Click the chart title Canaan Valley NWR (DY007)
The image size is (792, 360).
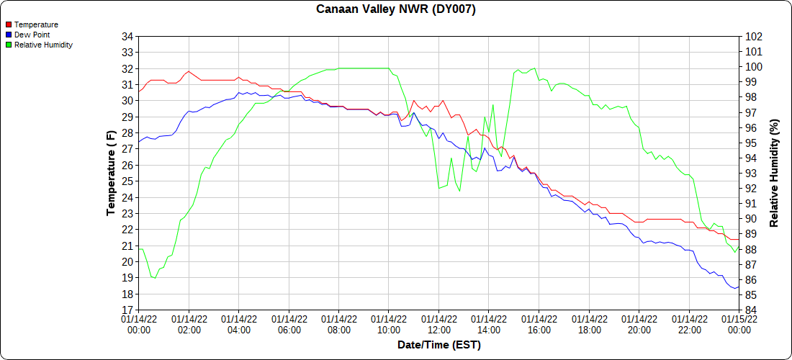click(x=396, y=9)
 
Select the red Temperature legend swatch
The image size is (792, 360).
click(x=9, y=24)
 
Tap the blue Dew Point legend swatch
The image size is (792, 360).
click(x=9, y=35)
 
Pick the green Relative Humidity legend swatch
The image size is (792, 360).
click(x=9, y=45)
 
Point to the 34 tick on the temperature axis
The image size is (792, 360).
click(x=127, y=37)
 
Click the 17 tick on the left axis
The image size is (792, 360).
click(x=127, y=310)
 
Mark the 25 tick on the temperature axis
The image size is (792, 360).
click(x=127, y=181)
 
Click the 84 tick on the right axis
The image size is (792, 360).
click(x=751, y=310)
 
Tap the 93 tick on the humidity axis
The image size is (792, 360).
click(x=751, y=174)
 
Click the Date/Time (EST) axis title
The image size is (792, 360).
click(x=438, y=345)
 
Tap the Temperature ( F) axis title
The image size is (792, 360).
click(x=111, y=174)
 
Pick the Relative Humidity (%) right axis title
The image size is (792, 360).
click(x=775, y=174)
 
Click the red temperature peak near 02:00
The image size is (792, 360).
click(x=189, y=71)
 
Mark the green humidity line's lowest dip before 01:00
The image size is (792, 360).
click(x=154, y=278)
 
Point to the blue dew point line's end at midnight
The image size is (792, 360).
click(x=739, y=287)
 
